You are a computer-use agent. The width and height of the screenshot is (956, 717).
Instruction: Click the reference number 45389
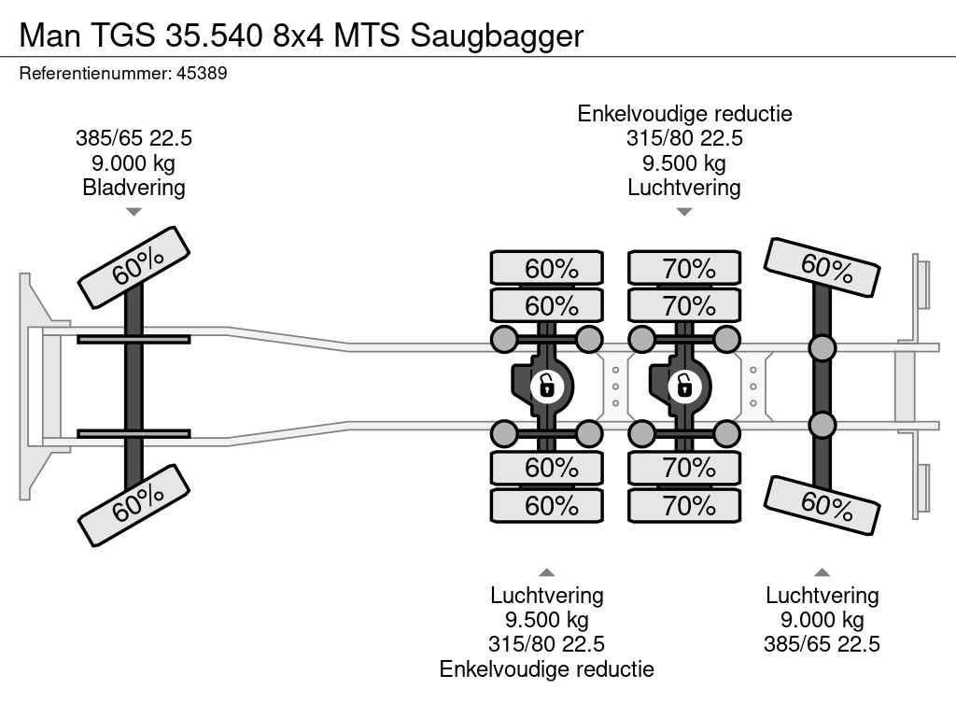pos(202,73)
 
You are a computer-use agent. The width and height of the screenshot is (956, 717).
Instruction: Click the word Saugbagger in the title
pos(497,35)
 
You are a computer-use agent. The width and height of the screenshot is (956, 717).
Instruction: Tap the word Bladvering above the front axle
pos(134,188)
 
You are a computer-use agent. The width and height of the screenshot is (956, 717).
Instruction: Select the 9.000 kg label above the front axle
pos(134,163)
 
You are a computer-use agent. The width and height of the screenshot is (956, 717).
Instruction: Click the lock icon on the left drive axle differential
pos(546,384)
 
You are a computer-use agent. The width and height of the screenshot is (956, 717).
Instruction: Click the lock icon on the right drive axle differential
pos(683,384)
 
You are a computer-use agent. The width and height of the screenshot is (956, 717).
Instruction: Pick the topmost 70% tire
pos(684,268)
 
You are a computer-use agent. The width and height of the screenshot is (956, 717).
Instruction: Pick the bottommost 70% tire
pos(684,506)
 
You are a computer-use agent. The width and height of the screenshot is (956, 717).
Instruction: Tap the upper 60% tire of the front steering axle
pos(134,268)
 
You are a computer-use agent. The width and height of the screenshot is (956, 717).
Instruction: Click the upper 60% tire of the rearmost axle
pos(822,268)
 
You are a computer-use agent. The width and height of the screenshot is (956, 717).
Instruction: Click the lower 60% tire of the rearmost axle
pos(822,506)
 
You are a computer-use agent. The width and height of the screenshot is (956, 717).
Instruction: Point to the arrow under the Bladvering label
pos(134,212)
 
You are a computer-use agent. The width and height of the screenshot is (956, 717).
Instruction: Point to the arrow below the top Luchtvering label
pos(684,212)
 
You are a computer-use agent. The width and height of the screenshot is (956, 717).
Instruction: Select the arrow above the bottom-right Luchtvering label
pos(822,572)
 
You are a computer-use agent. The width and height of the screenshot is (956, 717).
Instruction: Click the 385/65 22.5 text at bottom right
pos(822,644)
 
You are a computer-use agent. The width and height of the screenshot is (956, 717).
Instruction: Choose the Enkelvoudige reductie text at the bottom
pos(547,668)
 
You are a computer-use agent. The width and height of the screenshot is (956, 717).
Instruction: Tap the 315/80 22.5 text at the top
pos(684,139)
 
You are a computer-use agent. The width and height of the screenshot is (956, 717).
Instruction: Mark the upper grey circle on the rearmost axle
pos(822,349)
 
